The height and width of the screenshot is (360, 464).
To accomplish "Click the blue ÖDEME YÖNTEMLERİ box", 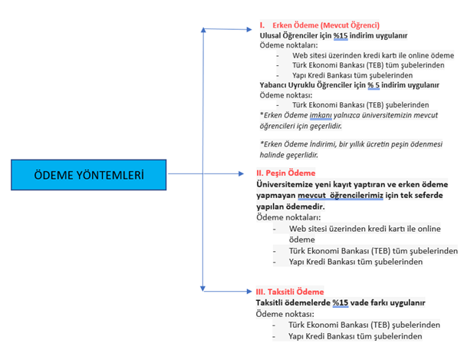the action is coord(89,175).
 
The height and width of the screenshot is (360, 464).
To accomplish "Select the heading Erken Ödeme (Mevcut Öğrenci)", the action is coord(326,25).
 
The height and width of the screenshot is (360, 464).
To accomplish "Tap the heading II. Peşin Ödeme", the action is coord(286,173).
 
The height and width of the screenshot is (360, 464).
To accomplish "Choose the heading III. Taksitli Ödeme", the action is coord(290,292).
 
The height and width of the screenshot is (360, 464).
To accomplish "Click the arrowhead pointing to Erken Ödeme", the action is coord(248,29).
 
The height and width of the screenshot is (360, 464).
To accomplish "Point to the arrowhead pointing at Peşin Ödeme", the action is coord(241,173).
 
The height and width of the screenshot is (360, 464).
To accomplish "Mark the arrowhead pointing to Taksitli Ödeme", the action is coord(249,292).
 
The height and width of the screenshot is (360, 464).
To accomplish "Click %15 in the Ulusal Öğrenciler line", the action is coord(341,35).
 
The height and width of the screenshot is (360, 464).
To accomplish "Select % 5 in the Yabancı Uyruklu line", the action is coord(374,85).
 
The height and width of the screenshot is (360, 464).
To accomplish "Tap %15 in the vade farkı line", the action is coord(341,303).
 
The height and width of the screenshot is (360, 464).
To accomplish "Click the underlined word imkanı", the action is coord(321,115).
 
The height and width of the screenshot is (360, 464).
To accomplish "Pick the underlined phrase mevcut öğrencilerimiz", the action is coord(341,196).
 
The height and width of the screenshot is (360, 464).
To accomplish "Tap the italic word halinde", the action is coord(271,155).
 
